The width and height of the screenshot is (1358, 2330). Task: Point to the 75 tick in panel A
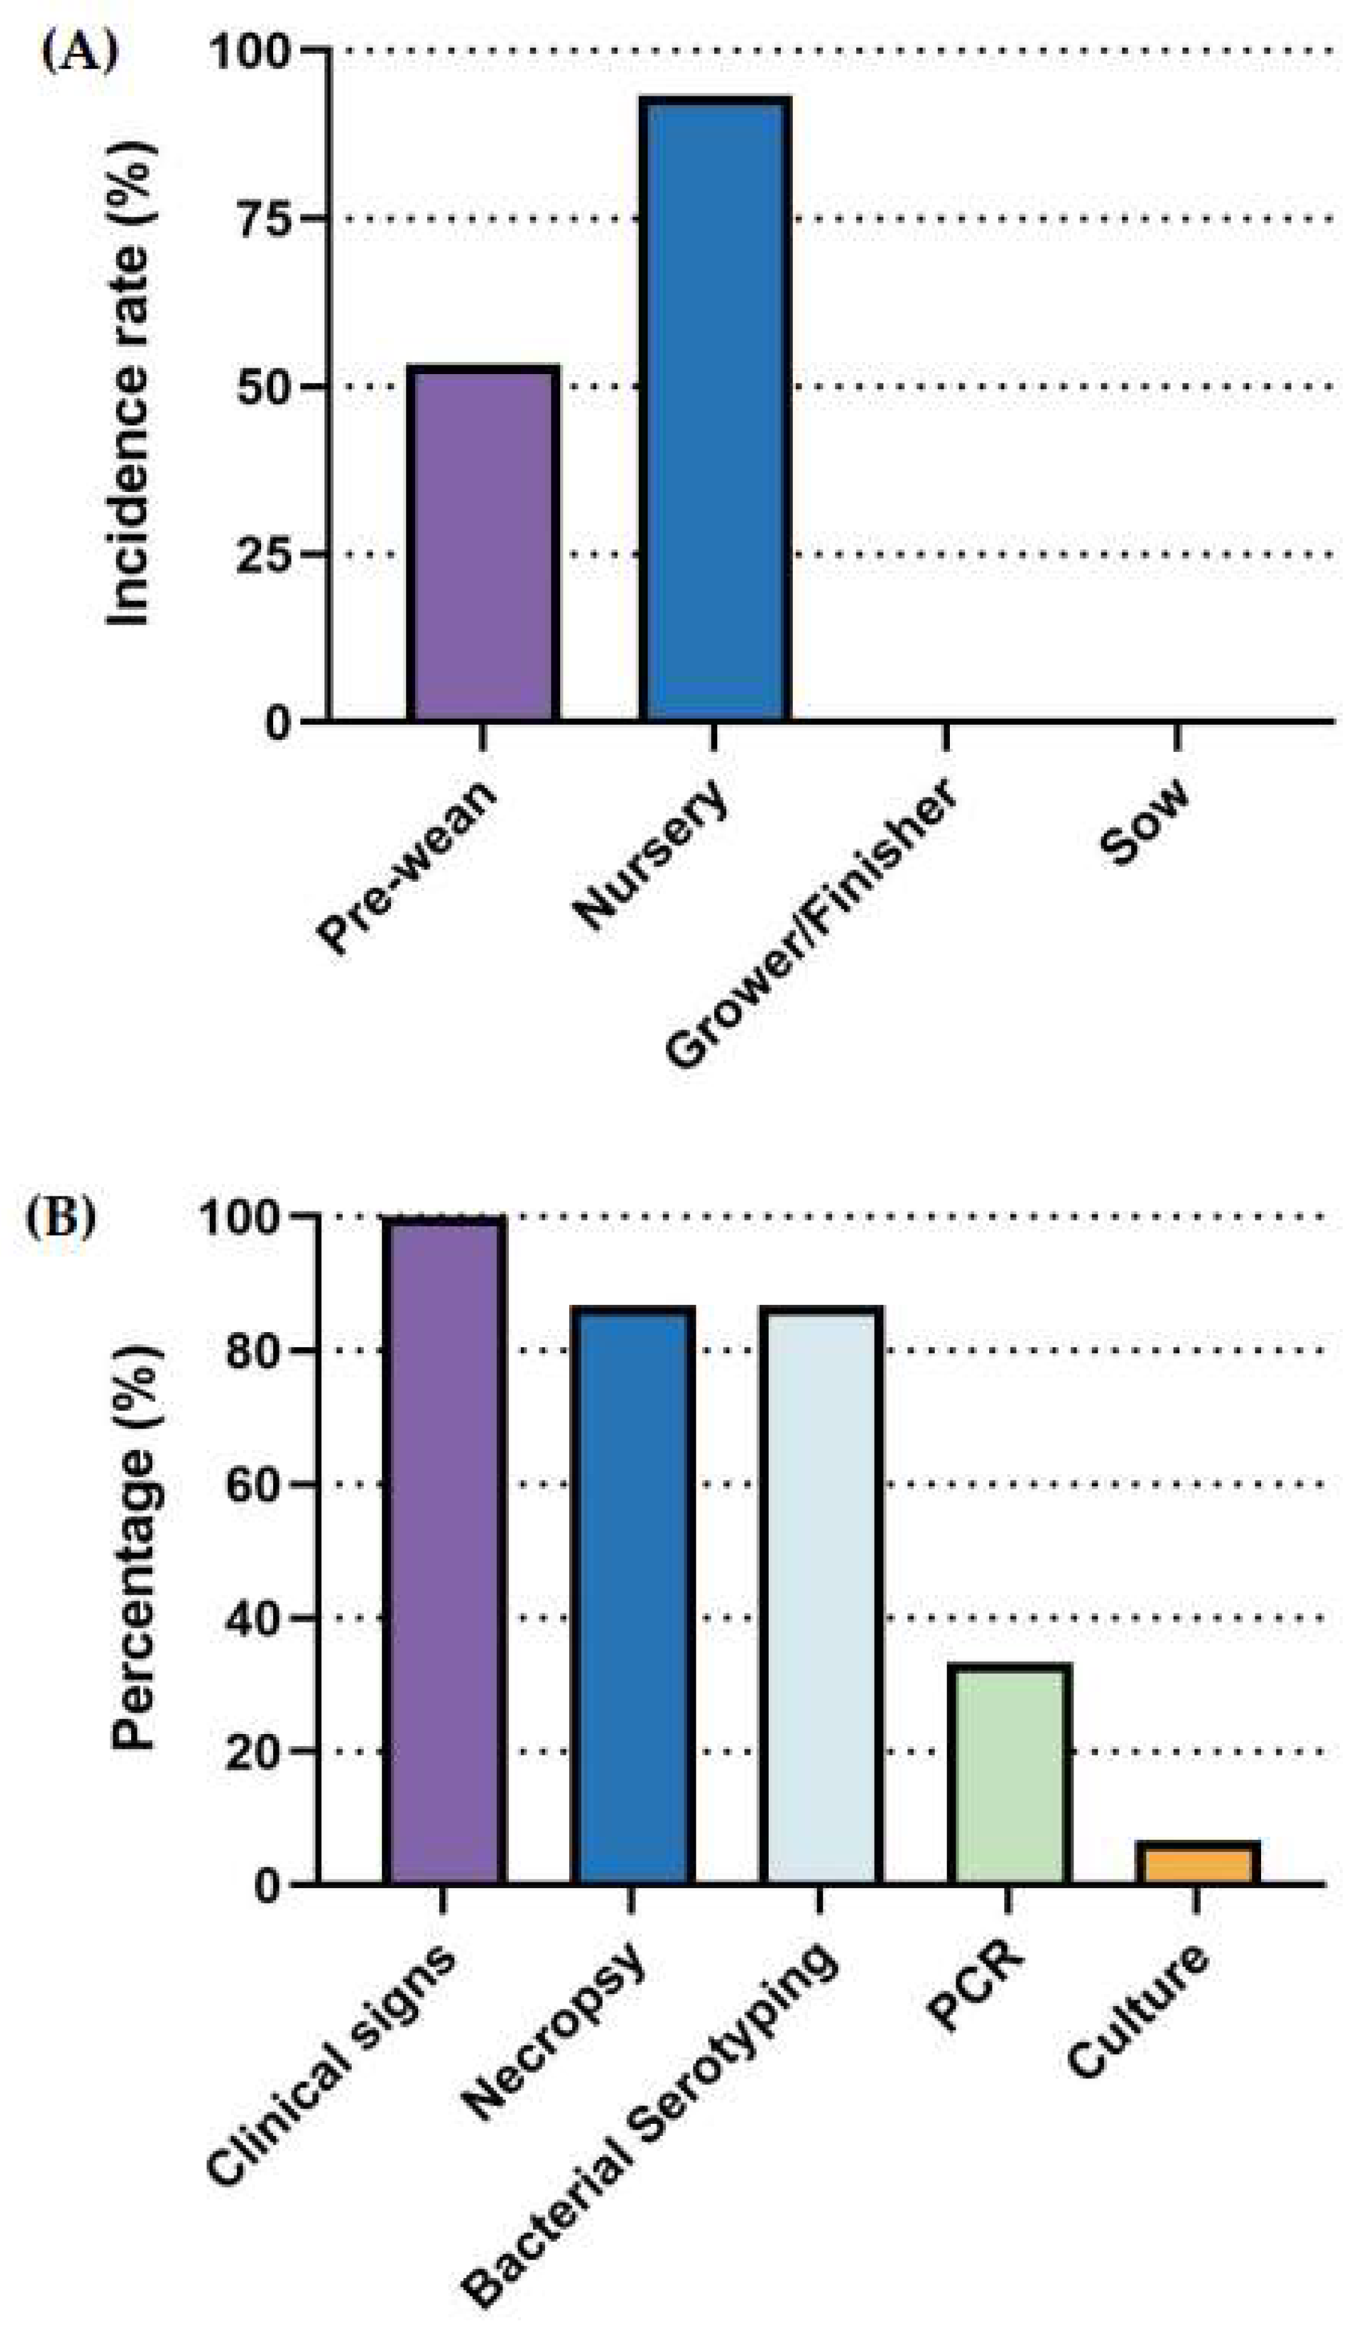point(266,219)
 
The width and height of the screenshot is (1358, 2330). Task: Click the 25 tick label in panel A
point(266,555)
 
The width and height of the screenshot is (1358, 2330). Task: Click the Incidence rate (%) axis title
point(129,384)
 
